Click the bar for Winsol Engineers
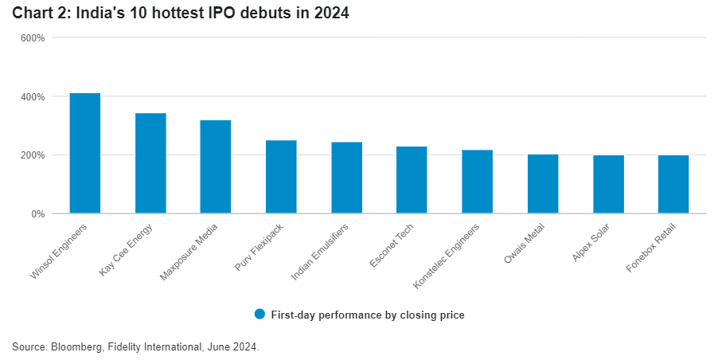pyautogui.click(x=85, y=154)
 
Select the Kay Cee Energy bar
pyautogui.click(x=150, y=163)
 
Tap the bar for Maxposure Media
pyautogui.click(x=216, y=167)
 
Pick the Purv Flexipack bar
pyautogui.click(x=281, y=177)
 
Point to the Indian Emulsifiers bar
pyautogui.click(x=346, y=178)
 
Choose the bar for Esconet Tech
pyautogui.click(x=412, y=180)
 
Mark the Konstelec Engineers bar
pyautogui.click(x=477, y=182)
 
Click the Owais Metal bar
pyautogui.click(x=543, y=184)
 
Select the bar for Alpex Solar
pyautogui.click(x=608, y=185)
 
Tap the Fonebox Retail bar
pyautogui.click(x=673, y=185)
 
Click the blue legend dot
pyautogui.click(x=260, y=314)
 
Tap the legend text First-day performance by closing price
pyautogui.click(x=367, y=315)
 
